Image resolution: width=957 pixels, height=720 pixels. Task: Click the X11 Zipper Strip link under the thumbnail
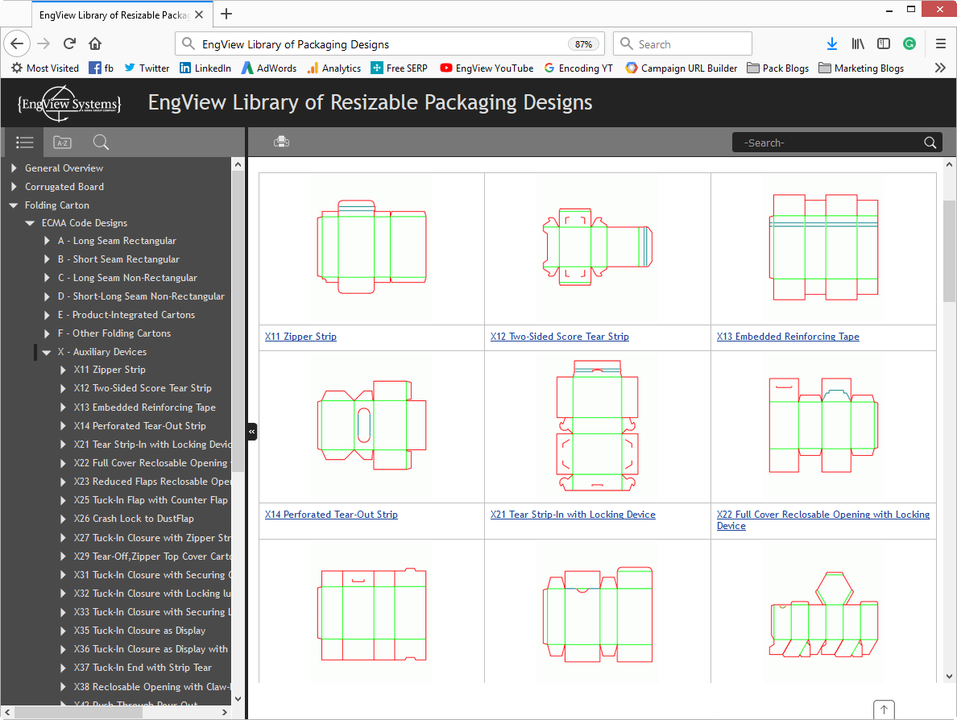300,337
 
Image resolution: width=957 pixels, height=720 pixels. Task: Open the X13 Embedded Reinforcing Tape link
788,337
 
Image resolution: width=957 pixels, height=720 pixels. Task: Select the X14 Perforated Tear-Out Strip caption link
331,515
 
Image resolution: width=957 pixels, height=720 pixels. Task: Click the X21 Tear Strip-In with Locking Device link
573,515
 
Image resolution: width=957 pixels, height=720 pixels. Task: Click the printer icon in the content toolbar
281,143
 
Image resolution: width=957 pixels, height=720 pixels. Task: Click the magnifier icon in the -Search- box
930,143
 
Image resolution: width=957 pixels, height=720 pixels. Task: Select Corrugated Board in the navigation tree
64,187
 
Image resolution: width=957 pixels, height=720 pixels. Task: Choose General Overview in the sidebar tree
64,168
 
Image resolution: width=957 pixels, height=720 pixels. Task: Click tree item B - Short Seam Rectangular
118,259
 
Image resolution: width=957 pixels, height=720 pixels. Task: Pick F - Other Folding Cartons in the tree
114,333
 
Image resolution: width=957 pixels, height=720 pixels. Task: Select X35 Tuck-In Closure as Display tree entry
139,631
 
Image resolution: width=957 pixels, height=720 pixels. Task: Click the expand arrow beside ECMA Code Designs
30,223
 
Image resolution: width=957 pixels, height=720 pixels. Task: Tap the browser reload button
69,44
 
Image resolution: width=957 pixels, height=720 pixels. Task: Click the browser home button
95,44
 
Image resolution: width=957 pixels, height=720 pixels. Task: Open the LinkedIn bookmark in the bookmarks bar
205,68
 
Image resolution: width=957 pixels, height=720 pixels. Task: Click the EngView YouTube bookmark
487,68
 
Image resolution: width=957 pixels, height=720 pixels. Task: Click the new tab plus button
226,14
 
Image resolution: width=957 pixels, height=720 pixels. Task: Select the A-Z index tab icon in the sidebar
62,143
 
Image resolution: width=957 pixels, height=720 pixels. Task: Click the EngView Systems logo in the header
69,102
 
